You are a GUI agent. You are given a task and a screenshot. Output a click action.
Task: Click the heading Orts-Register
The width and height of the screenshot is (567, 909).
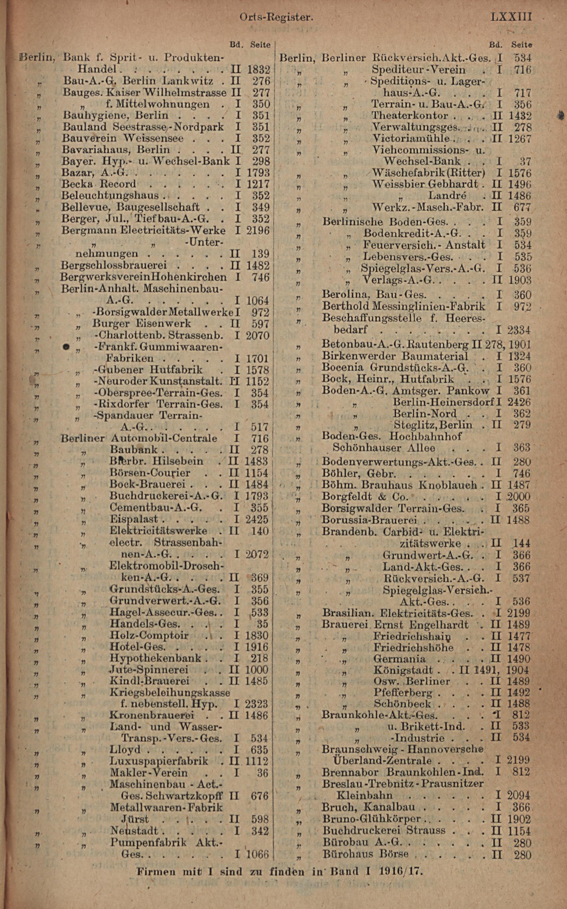coord(276,17)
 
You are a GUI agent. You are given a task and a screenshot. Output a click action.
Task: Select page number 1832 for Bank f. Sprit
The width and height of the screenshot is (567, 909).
coord(258,70)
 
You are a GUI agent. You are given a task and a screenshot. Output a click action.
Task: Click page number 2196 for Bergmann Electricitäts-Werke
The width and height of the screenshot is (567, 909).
coord(258,230)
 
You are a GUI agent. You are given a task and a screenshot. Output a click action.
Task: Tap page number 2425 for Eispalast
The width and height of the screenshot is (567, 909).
coord(257,520)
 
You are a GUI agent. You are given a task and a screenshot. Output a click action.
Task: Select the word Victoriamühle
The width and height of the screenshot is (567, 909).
coord(411,139)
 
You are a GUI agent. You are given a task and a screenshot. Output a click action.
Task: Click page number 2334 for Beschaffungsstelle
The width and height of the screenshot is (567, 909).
coord(519,330)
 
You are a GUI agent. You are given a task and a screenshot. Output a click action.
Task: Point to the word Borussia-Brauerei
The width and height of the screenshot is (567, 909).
coord(369,520)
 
